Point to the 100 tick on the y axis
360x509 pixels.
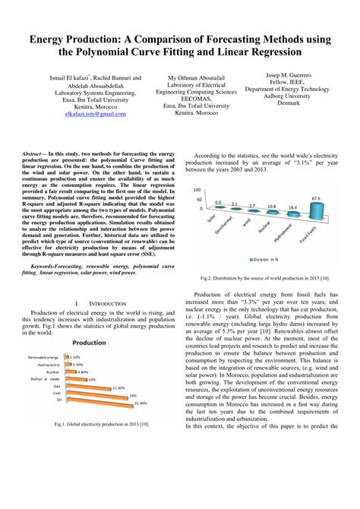tap(197, 190)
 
